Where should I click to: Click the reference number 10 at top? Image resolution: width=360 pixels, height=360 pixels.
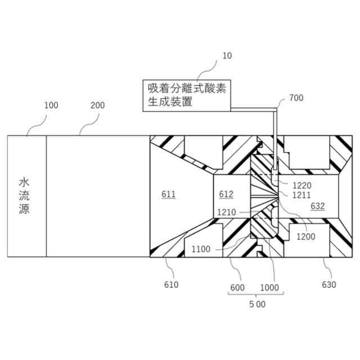tap(227, 56)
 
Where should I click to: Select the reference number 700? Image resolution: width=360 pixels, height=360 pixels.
tap(296, 98)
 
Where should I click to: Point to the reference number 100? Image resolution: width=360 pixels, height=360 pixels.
tap(51, 105)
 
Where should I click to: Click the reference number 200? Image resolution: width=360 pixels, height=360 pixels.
tap(97, 105)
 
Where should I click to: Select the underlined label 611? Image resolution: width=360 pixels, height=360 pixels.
tap(169, 195)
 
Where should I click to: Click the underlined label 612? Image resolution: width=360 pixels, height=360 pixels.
tap(226, 195)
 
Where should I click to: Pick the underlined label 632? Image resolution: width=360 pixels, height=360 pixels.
tap(317, 206)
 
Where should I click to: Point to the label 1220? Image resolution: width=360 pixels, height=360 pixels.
tap(301, 185)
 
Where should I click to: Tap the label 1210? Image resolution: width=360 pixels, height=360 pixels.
tap(227, 213)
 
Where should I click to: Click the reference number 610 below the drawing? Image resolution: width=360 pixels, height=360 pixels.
tap(171, 285)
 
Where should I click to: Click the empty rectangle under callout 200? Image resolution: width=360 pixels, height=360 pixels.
tap(97, 196)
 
